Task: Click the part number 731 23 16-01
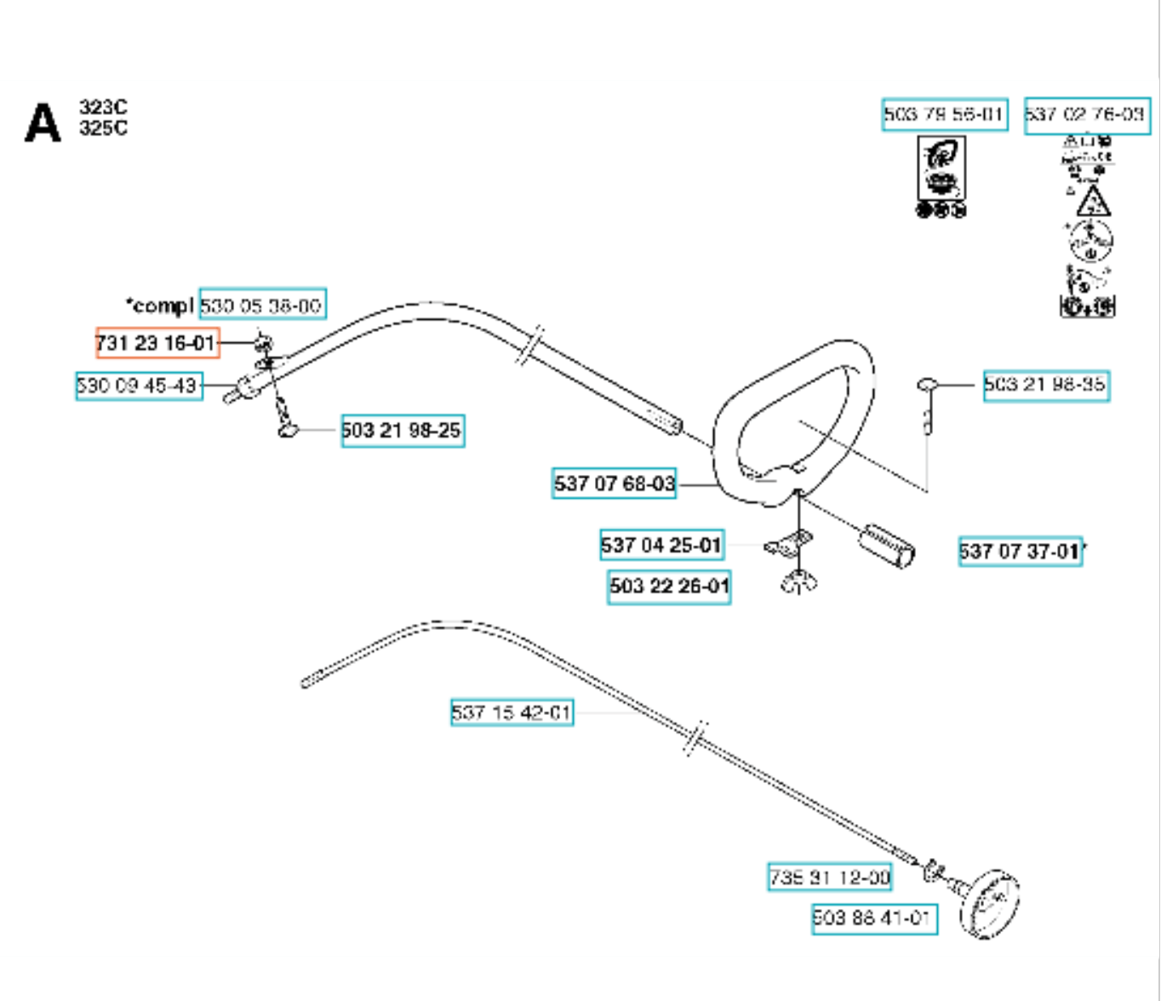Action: click(x=157, y=343)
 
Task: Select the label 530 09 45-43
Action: click(x=139, y=386)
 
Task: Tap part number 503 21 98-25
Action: click(x=403, y=431)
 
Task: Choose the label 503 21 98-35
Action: click(x=1046, y=385)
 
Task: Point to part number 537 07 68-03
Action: click(x=615, y=483)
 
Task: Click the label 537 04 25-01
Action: click(x=662, y=545)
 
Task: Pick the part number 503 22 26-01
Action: click(x=669, y=586)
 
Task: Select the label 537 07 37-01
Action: click(x=1020, y=552)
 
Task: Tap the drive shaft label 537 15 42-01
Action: click(x=512, y=712)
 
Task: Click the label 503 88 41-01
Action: click(x=874, y=918)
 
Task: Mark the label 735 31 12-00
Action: click(x=830, y=877)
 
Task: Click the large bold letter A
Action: click(x=43, y=123)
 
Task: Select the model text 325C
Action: click(x=103, y=129)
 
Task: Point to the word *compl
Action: click(x=160, y=305)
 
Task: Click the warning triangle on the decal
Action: click(x=1093, y=203)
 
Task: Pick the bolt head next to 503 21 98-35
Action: click(x=927, y=386)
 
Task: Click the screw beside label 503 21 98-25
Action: click(x=287, y=429)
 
